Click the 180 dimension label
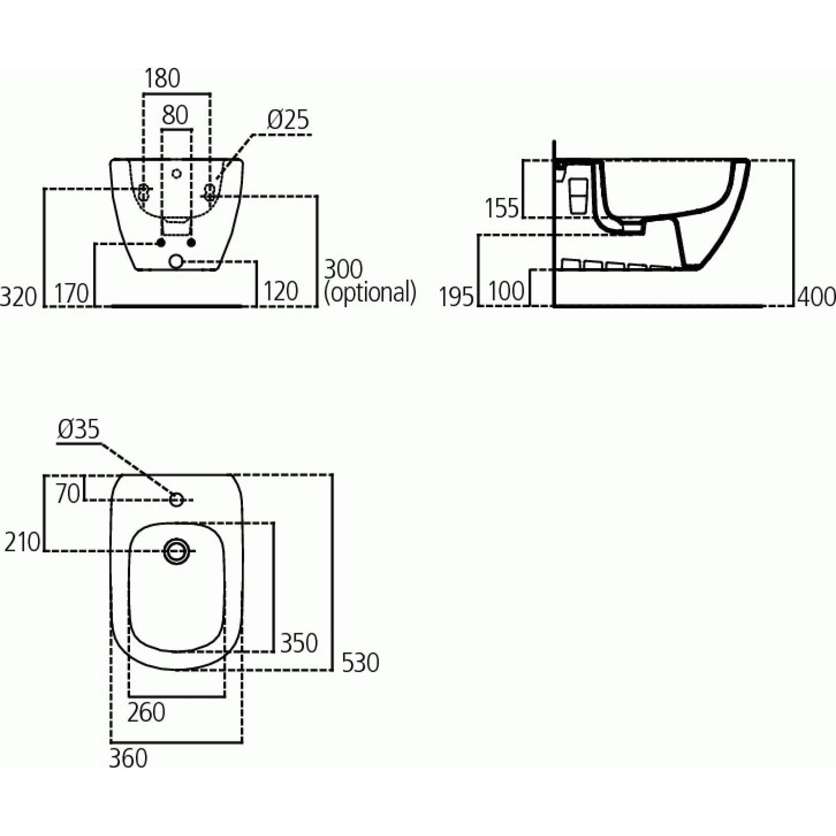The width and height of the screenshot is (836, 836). [x=162, y=78]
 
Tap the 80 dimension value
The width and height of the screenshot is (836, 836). [x=175, y=115]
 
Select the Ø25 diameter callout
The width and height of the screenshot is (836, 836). [x=288, y=120]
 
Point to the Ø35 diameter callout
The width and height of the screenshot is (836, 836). [x=78, y=429]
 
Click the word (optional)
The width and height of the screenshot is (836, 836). [x=370, y=292]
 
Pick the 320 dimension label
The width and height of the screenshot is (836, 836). [x=19, y=297]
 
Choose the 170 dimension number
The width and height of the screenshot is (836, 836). [x=72, y=293]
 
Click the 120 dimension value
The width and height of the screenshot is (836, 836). [x=281, y=291]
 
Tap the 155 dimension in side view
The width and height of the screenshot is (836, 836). [x=502, y=208]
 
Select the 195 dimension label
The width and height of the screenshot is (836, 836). [x=457, y=297]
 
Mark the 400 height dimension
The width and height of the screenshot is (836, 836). [x=816, y=297]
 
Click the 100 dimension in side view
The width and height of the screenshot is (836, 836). [x=506, y=291]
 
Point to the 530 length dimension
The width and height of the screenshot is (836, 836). [x=360, y=663]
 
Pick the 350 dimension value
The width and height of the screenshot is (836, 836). [x=299, y=643]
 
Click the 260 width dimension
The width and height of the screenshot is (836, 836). [x=146, y=712]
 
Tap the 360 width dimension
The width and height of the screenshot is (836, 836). [x=128, y=758]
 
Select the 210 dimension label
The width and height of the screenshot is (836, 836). [x=22, y=542]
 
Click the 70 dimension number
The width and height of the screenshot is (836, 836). [x=68, y=493]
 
